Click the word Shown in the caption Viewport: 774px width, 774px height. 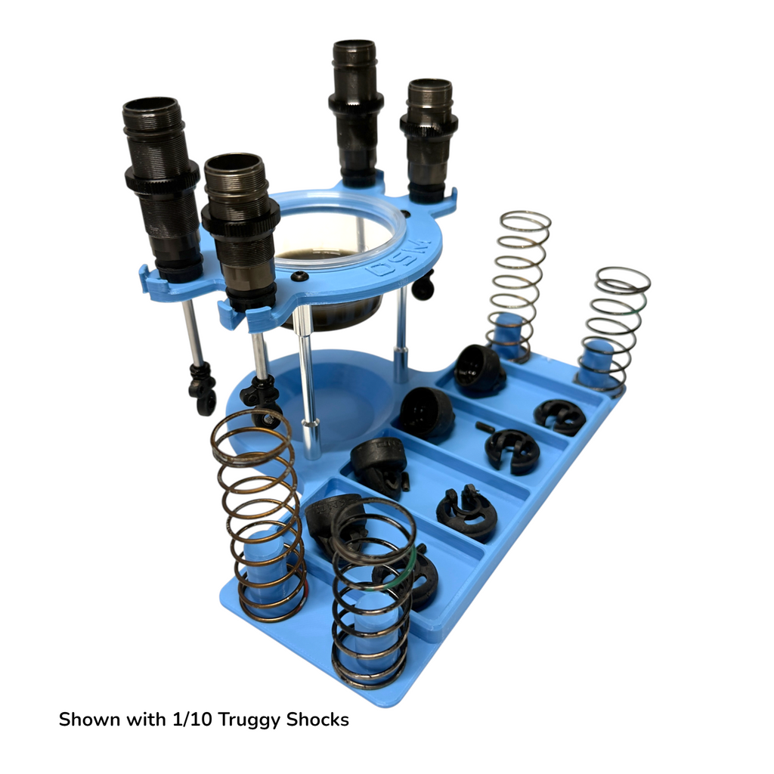click(x=89, y=719)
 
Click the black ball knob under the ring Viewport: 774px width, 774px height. click(x=424, y=285)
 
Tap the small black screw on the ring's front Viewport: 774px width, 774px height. click(x=299, y=276)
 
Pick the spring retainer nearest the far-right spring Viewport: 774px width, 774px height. click(x=559, y=416)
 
